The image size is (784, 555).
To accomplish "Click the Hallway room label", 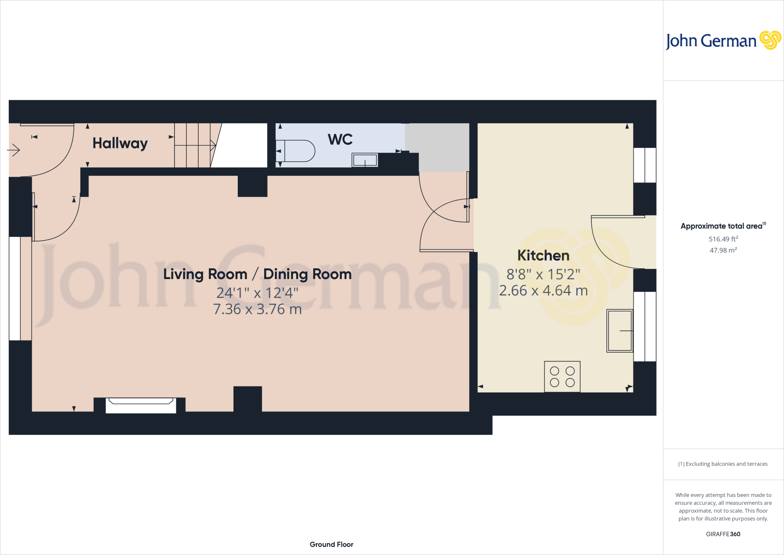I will click(x=120, y=143).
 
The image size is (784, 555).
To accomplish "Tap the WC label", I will click(x=340, y=140).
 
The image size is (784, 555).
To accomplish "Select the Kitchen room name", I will click(x=543, y=256).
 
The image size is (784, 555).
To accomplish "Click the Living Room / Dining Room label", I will click(x=257, y=274).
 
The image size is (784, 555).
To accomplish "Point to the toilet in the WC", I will click(x=296, y=151).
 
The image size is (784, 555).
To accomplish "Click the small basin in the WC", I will click(x=365, y=160).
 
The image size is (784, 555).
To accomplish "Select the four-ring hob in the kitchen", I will click(x=562, y=376).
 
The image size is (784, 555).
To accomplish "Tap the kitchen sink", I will click(x=619, y=330).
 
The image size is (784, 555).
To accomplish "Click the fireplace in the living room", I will click(x=140, y=405).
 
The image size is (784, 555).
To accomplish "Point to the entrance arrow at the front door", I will click(x=13, y=150).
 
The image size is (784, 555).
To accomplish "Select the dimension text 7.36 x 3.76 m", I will click(x=257, y=309).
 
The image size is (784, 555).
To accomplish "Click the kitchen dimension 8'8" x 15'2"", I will click(x=543, y=274).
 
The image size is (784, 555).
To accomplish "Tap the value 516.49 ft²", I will click(x=723, y=239).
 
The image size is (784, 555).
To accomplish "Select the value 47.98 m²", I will click(x=723, y=250).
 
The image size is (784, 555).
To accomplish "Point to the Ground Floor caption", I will click(x=332, y=544).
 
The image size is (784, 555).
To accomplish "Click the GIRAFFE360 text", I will click(x=723, y=534).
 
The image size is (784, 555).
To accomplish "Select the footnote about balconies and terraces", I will click(x=723, y=464).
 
